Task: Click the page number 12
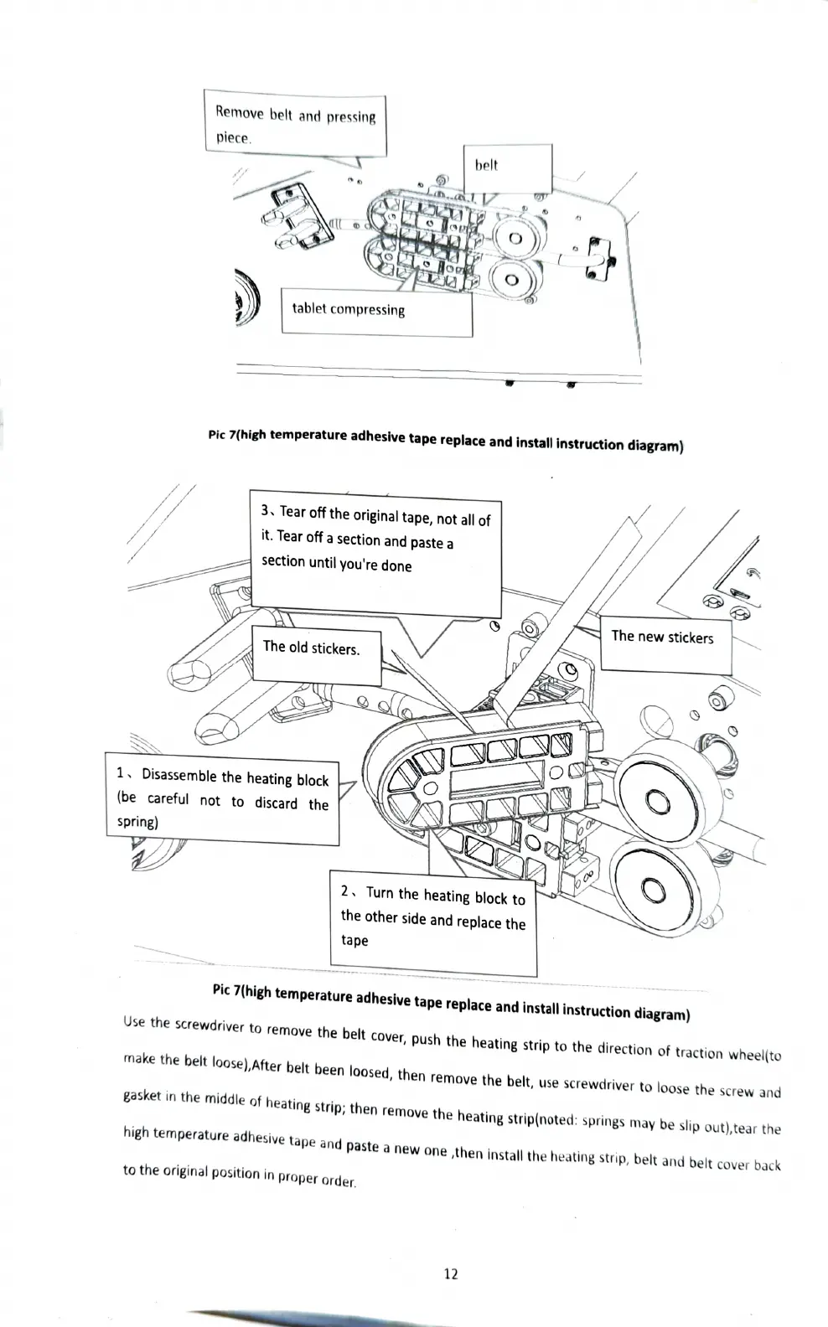point(450,1274)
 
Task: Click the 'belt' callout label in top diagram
point(507,167)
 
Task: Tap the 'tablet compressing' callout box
point(376,311)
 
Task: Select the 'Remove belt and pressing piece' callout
point(295,125)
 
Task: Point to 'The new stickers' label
point(665,638)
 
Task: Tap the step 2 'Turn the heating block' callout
point(432,919)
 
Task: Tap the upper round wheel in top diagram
point(515,239)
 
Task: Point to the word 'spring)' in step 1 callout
point(137,822)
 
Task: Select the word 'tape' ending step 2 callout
point(354,941)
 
